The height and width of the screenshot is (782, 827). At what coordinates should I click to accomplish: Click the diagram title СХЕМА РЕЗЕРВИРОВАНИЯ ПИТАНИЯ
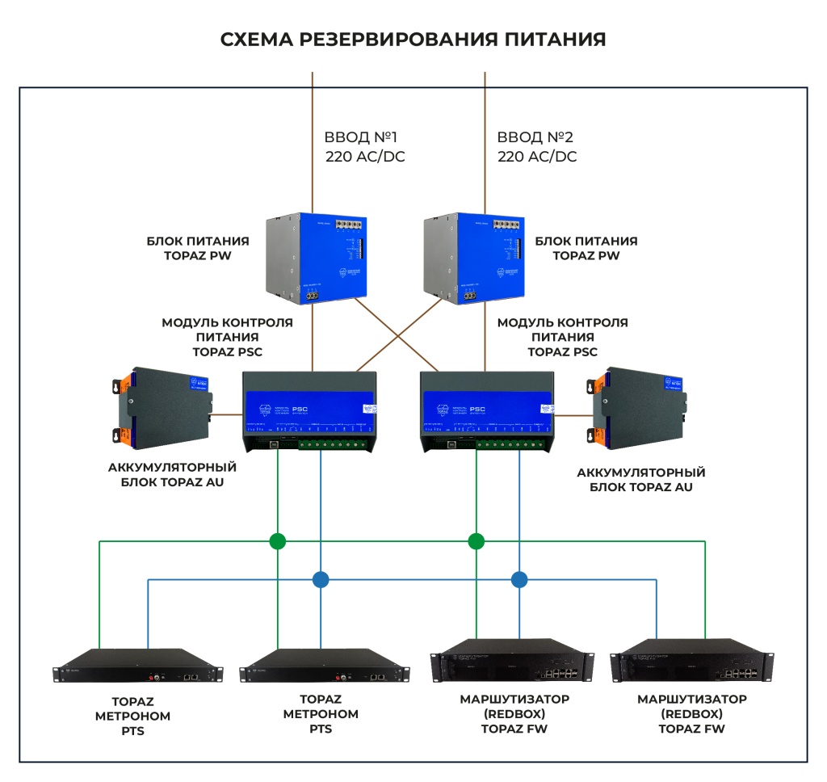[413, 40]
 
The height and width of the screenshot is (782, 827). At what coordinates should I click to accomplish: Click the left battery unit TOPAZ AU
[166, 407]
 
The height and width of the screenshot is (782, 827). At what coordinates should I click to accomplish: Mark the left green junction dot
[277, 540]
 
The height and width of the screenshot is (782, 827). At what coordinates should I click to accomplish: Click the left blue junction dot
[321, 578]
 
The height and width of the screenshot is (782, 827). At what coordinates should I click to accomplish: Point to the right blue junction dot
[519, 578]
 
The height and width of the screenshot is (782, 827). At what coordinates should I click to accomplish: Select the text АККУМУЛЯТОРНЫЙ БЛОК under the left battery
[171, 474]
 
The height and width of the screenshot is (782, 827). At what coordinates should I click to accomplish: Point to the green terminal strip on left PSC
[336, 444]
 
